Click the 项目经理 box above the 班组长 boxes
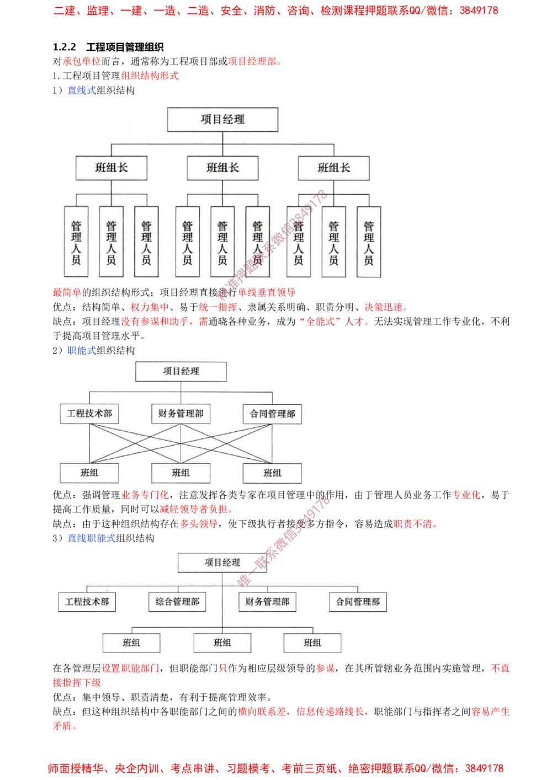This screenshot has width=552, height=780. tap(222, 119)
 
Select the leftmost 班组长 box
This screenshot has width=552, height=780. tap(112, 168)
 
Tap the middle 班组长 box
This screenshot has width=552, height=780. tap(222, 168)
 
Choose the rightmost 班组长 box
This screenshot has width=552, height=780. tap(333, 168)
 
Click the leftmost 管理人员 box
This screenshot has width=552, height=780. tap(76, 242)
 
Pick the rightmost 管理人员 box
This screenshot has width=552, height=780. tap(369, 242)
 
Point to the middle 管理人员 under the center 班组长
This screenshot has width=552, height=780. tap(222, 242)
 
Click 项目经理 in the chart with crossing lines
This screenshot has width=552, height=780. tap(181, 371)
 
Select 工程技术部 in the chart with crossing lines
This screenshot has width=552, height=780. tap(89, 413)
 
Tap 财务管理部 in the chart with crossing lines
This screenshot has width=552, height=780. tap(181, 413)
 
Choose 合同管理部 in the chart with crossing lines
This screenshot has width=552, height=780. tap(272, 414)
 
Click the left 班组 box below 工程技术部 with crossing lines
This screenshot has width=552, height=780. tap(89, 473)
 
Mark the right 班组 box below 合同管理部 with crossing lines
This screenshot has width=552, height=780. tap(272, 473)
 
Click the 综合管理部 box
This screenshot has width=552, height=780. tap(177, 602)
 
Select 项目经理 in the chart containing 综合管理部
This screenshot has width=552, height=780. tap(222, 563)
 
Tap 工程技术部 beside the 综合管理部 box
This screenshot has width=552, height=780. tap(87, 602)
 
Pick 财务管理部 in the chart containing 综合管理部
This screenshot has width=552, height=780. tap(267, 602)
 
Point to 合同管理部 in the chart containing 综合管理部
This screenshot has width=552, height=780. tap(358, 602)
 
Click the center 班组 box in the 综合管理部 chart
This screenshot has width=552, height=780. tap(222, 643)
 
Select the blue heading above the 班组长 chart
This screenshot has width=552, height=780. tap(82, 90)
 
